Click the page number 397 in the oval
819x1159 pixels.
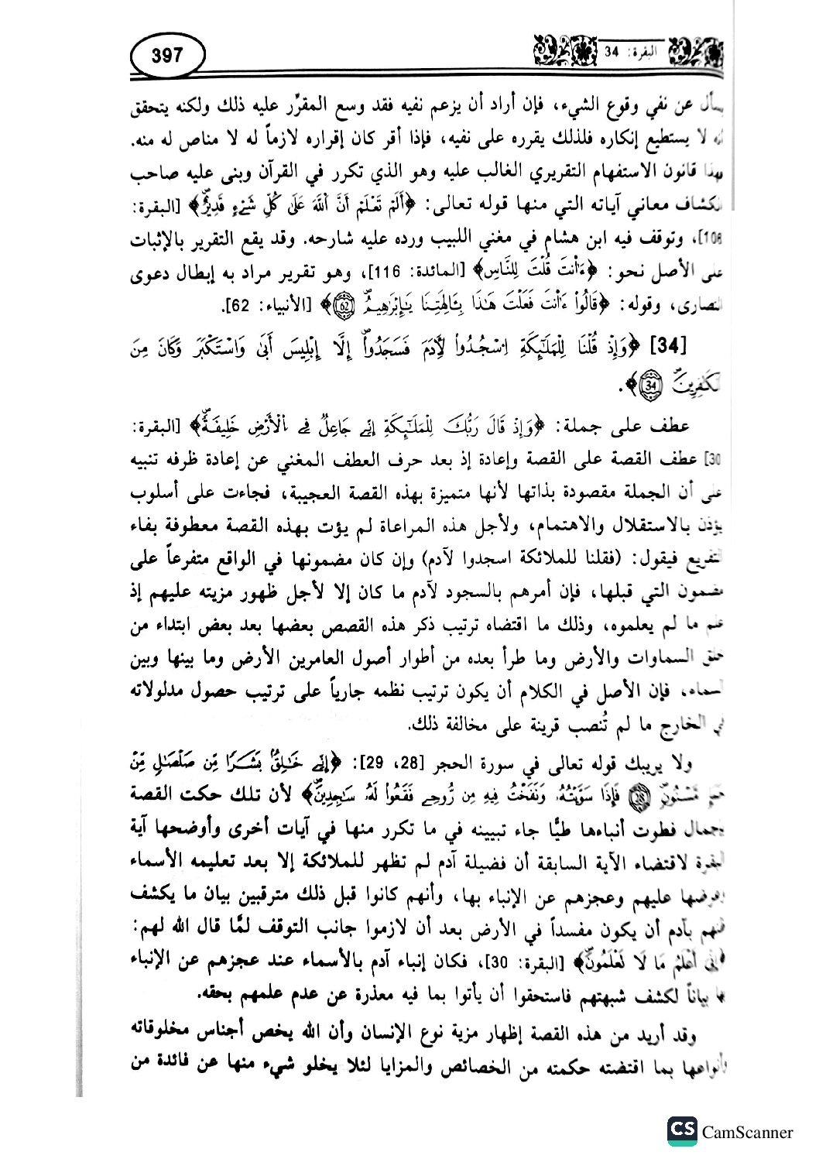(x=166, y=57)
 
